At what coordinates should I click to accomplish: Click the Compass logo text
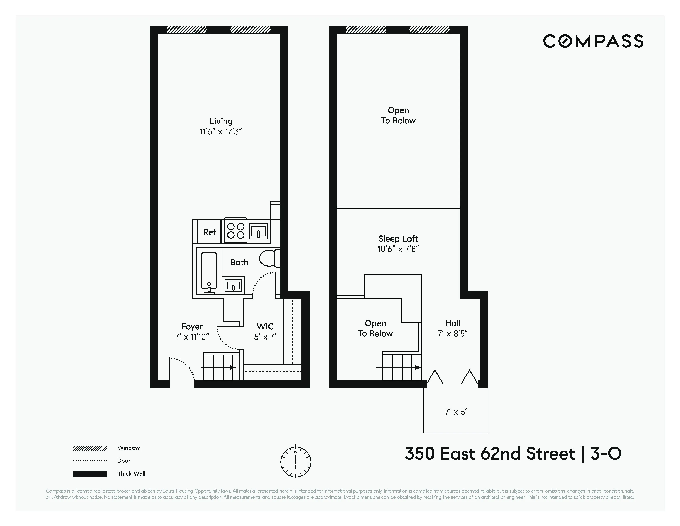(x=593, y=41)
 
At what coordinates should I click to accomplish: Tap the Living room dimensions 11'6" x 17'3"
(x=221, y=132)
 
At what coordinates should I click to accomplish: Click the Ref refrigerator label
(x=210, y=232)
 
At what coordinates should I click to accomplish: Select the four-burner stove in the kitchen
(x=236, y=231)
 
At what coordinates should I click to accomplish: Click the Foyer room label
(x=192, y=327)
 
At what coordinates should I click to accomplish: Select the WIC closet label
(x=265, y=327)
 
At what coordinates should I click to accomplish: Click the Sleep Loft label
(x=398, y=239)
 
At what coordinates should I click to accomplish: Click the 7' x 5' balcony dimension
(x=456, y=412)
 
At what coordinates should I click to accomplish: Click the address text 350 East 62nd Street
(x=490, y=454)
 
